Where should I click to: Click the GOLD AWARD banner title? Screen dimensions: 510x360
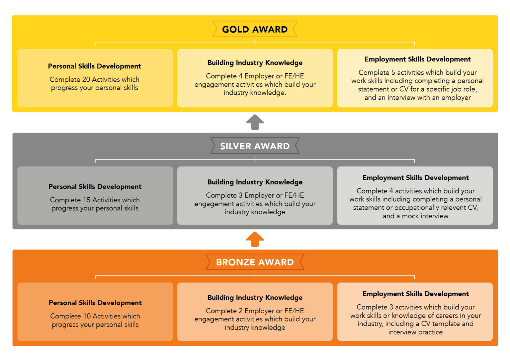pos(255,29)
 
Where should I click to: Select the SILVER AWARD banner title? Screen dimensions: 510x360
pos(255,146)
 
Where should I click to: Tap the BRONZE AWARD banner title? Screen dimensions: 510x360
pos(255,262)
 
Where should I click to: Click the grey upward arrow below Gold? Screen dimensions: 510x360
pos(255,122)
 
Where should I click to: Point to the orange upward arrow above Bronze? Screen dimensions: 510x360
pos(255,240)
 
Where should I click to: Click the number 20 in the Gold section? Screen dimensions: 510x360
pos(86,79)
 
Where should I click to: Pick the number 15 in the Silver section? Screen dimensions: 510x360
pos(87,200)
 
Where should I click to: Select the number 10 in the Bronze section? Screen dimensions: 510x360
pos(87,316)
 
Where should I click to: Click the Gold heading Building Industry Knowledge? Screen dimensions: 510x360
pos(255,63)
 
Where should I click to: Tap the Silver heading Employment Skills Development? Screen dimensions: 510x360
pos(415,178)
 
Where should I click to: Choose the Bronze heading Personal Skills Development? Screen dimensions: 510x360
pos(95,303)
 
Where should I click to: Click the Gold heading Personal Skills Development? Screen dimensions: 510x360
pos(95,66)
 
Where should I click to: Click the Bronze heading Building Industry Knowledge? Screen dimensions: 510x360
pos(255,298)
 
